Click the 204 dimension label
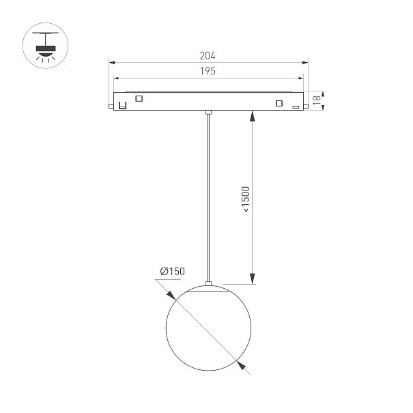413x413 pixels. click(208, 56)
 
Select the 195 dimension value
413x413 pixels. click(208, 71)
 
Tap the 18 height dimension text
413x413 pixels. click(317, 100)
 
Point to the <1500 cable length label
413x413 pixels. click(246, 199)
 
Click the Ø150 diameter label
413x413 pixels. click(173, 271)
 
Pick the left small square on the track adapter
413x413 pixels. click(139, 99)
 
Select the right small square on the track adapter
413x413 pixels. click(279, 103)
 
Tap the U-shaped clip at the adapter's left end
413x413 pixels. click(123, 105)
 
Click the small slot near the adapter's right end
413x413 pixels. click(296, 107)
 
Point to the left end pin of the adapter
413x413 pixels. click(111, 106)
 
